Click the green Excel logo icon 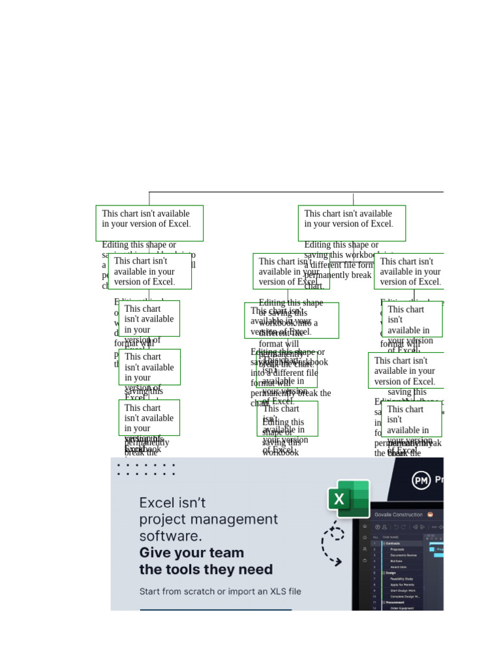(x=348, y=499)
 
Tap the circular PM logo (x=421, y=481)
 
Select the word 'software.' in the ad (x=170, y=536)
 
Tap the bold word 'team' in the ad (x=225, y=553)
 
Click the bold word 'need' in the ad (x=256, y=569)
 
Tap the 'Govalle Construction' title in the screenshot (x=399, y=515)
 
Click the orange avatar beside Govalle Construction (x=431, y=515)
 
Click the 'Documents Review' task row (x=404, y=555)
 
